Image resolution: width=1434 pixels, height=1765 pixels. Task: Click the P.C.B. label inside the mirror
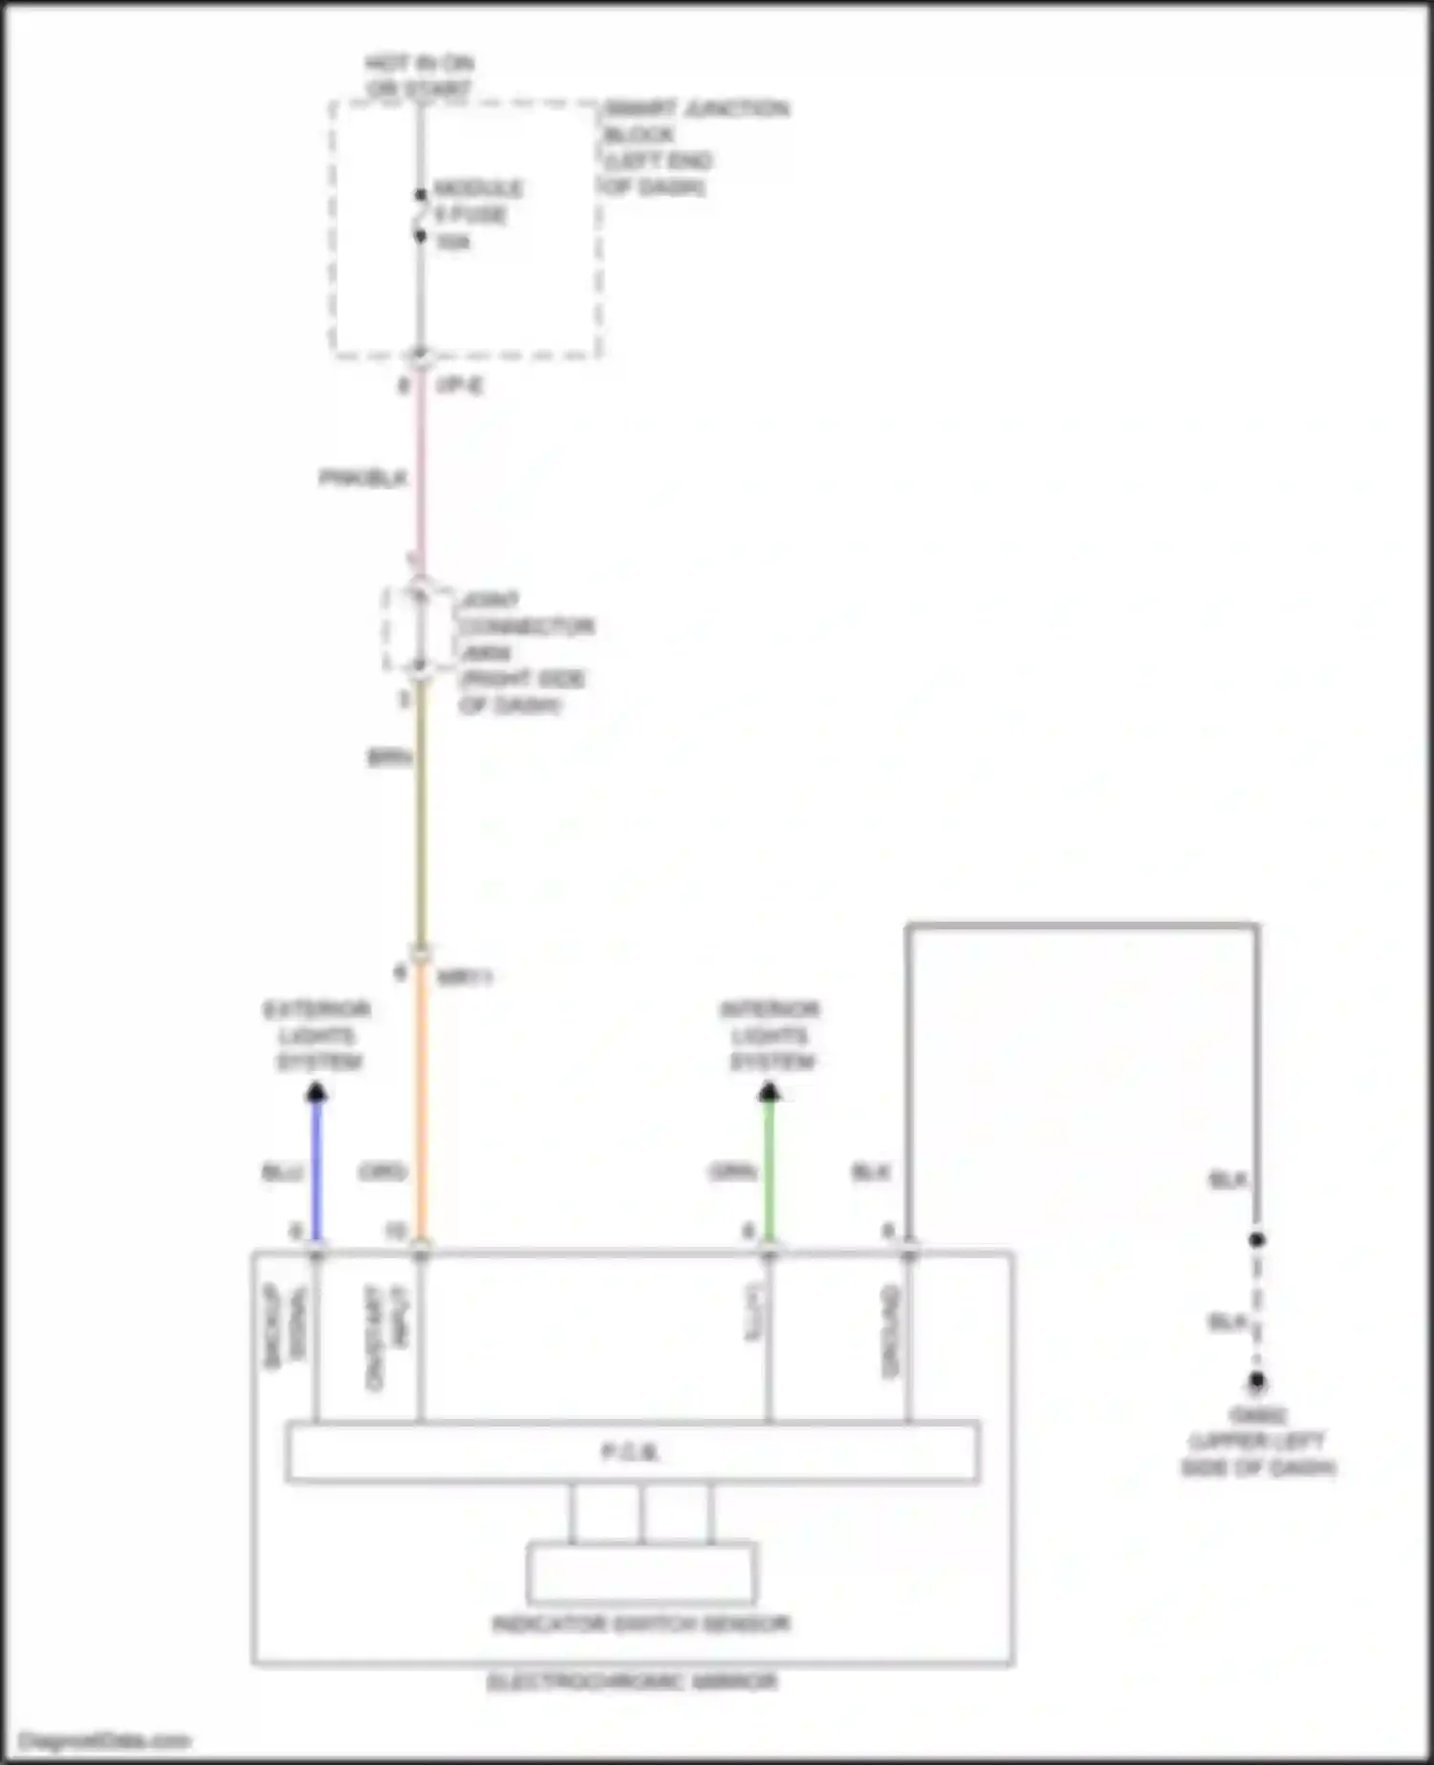pos(631,1452)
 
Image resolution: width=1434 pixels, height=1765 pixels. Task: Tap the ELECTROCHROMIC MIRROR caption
pos(632,1682)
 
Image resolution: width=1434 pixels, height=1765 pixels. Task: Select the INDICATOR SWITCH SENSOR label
pos(641,1623)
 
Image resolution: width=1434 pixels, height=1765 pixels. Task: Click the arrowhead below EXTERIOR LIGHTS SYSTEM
pos(316,1093)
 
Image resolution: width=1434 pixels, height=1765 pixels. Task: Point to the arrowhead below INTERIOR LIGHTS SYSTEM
pos(770,1093)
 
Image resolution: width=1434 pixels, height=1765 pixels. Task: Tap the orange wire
pos(421,1100)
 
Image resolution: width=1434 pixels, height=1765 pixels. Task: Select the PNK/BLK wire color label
pos(362,477)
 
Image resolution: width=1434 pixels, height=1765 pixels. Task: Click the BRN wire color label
pos(389,757)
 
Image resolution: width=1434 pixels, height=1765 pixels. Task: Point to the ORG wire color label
pos(382,1171)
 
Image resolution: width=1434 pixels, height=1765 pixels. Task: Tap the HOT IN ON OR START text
pos(420,76)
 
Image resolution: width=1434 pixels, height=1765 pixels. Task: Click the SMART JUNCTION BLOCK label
pos(695,146)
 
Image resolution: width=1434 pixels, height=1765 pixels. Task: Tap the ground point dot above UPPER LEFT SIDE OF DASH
pos(1257,1382)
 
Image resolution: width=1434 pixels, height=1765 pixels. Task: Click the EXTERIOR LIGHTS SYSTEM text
pos(316,1035)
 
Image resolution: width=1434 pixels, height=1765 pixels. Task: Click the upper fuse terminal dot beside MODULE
pos(421,194)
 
